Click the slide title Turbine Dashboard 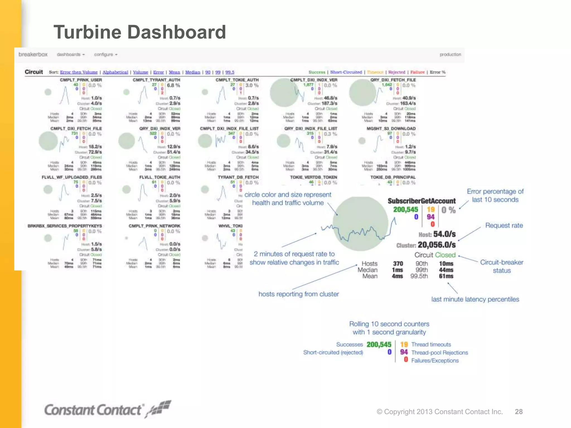pos(139,32)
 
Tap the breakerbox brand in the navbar pos(33,54)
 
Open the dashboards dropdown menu pos(71,54)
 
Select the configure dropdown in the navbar pos(106,54)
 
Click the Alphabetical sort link pos(115,72)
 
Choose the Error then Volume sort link pos(79,72)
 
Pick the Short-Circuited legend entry pos(346,72)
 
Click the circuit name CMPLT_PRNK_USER pos(81,80)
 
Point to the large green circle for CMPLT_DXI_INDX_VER pos(284,93)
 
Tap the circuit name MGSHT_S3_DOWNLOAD pos(391,128)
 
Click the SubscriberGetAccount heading pos(422,201)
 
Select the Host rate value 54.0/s pos(444,234)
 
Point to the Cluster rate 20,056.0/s pos(437,245)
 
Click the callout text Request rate pos(504,225)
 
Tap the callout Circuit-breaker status pos(502,266)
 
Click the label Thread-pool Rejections pos(439,352)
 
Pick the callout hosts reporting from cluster pos(299,294)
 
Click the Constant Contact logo pos(107,410)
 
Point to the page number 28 pos(519,412)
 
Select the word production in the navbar pos(450,54)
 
